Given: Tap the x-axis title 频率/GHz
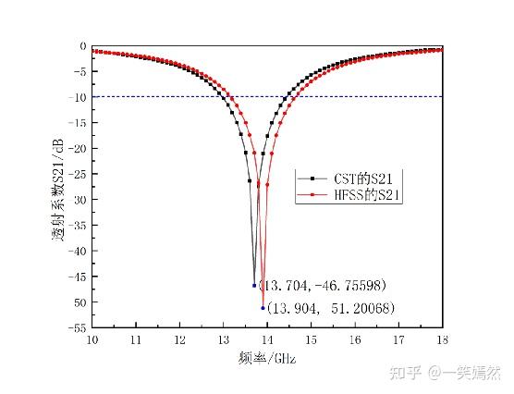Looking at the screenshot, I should (x=268, y=357).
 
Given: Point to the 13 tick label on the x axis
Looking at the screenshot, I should (x=223, y=339).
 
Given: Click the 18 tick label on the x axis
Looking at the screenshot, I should (x=441, y=339).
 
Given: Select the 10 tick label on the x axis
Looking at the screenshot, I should (x=92, y=339).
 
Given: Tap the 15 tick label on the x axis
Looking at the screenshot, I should (x=311, y=339).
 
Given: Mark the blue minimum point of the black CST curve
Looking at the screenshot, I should (x=254, y=285).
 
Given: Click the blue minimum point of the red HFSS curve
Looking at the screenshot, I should (x=263, y=308).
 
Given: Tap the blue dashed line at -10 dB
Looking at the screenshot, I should (x=370, y=96).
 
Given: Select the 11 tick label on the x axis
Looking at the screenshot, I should (x=136, y=339).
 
